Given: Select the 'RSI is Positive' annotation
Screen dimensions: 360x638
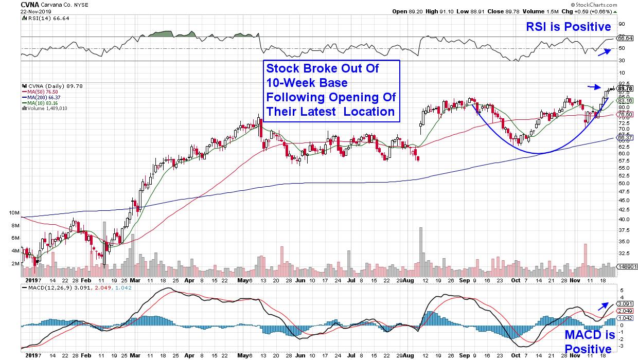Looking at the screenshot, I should tap(569, 27).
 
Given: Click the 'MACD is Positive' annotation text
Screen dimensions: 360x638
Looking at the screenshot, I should tap(590, 342).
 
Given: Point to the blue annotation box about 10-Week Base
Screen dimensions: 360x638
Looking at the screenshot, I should tap(332, 91).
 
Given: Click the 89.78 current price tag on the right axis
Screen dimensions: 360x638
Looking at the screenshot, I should tap(625, 89).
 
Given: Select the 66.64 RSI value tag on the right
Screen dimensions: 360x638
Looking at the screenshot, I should tap(625, 38).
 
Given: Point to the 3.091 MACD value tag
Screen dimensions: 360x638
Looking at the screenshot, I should tap(625, 303).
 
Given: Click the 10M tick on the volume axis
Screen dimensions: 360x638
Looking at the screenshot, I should tap(14, 212).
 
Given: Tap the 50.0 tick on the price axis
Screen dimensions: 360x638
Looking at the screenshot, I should tap(624, 183).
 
